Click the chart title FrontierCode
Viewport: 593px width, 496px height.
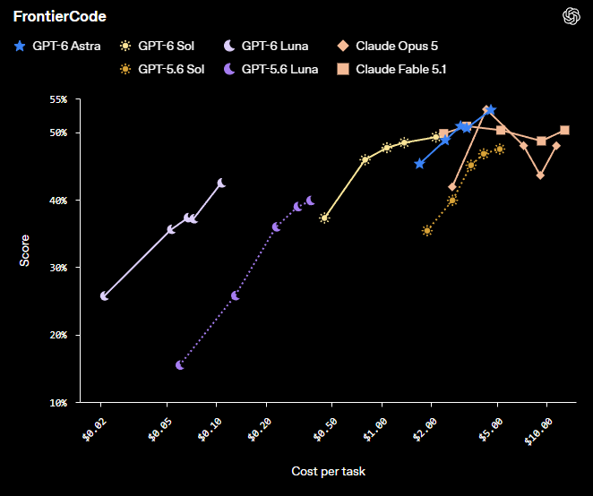coord(60,16)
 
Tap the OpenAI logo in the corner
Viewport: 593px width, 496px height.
coord(572,16)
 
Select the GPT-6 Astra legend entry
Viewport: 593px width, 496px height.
coord(57,46)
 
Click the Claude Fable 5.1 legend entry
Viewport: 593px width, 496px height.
coord(391,69)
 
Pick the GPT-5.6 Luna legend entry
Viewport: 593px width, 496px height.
coord(271,69)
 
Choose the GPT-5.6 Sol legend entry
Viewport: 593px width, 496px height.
coord(162,69)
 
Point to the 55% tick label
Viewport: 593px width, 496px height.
coord(58,99)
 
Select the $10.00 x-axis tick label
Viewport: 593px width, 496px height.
coord(538,432)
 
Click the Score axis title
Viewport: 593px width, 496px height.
coord(24,251)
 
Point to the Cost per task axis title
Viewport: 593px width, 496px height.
coord(328,471)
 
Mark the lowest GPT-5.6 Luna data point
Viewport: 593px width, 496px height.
coord(180,365)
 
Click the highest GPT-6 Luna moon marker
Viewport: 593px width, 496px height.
coord(221,183)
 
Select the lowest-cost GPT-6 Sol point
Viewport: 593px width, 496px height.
coord(324,218)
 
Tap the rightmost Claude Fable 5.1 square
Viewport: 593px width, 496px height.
coord(564,131)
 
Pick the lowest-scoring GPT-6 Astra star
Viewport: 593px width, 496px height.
coord(419,164)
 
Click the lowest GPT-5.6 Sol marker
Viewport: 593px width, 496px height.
coord(427,231)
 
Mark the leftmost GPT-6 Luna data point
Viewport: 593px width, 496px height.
coord(104,296)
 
